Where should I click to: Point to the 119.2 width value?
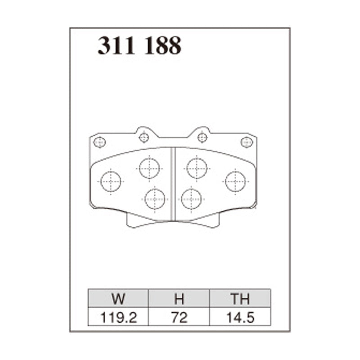118,317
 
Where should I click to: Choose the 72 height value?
179,317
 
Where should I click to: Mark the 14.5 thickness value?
240,317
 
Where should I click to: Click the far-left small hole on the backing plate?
99,143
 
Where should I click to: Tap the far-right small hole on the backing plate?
247,142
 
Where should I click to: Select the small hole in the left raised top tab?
144,137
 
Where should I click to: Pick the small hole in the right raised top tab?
202,137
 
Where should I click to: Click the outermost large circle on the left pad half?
111,181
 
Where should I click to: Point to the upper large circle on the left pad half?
149,168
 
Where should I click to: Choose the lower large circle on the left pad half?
155,198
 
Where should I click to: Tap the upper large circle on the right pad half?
197,168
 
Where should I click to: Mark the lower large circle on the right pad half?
191,198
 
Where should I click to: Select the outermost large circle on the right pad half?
235,181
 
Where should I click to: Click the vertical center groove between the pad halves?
173,184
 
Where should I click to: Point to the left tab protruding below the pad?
135,220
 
